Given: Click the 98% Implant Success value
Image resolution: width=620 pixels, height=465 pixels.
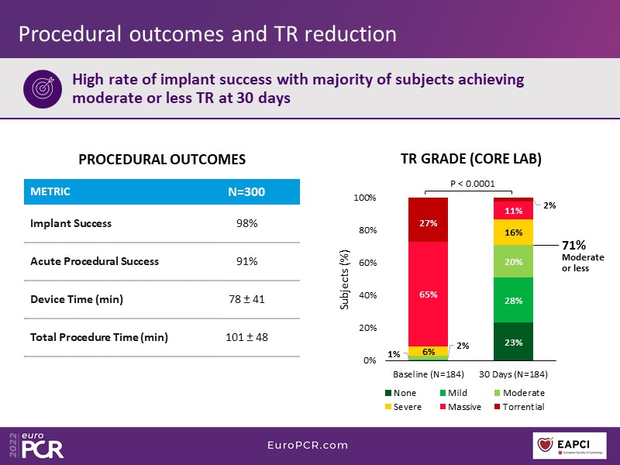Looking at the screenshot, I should click(247, 223).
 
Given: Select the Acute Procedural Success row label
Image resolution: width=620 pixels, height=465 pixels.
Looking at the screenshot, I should click(95, 261).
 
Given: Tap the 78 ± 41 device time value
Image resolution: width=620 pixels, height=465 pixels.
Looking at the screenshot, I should click(247, 299).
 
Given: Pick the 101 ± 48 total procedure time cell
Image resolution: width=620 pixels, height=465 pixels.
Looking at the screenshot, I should click(247, 337).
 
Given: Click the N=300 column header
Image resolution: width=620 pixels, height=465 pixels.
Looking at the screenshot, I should click(247, 191).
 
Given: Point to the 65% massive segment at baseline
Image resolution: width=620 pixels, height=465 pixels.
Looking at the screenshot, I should click(429, 294).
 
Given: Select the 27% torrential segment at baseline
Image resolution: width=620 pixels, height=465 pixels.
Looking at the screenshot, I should click(429, 223).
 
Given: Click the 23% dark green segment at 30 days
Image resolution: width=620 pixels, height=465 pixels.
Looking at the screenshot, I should click(514, 342).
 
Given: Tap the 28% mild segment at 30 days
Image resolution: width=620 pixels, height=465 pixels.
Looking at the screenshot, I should click(514, 300).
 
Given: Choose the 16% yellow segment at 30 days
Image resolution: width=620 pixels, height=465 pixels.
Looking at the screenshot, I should click(514, 232).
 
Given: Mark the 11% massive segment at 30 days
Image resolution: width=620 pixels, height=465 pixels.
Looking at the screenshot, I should click(514, 210).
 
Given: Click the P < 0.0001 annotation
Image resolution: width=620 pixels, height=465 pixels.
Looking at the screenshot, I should click(472, 184).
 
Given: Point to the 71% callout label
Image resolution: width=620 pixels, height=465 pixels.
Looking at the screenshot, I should click(575, 246).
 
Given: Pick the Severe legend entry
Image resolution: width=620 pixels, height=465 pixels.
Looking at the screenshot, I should click(405, 407).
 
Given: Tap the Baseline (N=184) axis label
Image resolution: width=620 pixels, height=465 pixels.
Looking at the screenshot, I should click(428, 375).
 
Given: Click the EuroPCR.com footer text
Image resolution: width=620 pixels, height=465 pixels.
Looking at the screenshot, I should click(308, 446).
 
